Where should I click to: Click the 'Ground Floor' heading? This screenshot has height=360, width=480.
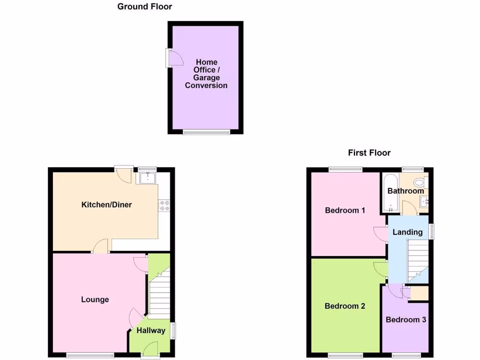click(x=144, y=7)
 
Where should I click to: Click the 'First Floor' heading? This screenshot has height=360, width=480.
click(x=369, y=153)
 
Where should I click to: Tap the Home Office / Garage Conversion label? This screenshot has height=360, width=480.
click(x=206, y=74)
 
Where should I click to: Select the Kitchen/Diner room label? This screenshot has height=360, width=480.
click(x=106, y=205)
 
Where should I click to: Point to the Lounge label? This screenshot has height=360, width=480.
click(x=95, y=300)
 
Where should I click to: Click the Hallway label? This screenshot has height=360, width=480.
click(x=151, y=330)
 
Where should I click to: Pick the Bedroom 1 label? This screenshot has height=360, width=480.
click(x=345, y=210)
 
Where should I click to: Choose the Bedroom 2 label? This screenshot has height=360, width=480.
click(x=345, y=306)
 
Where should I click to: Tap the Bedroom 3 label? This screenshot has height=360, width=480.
click(x=406, y=320)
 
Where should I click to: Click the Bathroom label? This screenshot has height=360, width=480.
click(x=405, y=191)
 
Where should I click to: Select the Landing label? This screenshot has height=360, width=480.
click(x=407, y=232)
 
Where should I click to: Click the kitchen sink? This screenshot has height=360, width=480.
click(x=148, y=178)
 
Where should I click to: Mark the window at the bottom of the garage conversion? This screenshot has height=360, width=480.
click(x=206, y=132)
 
